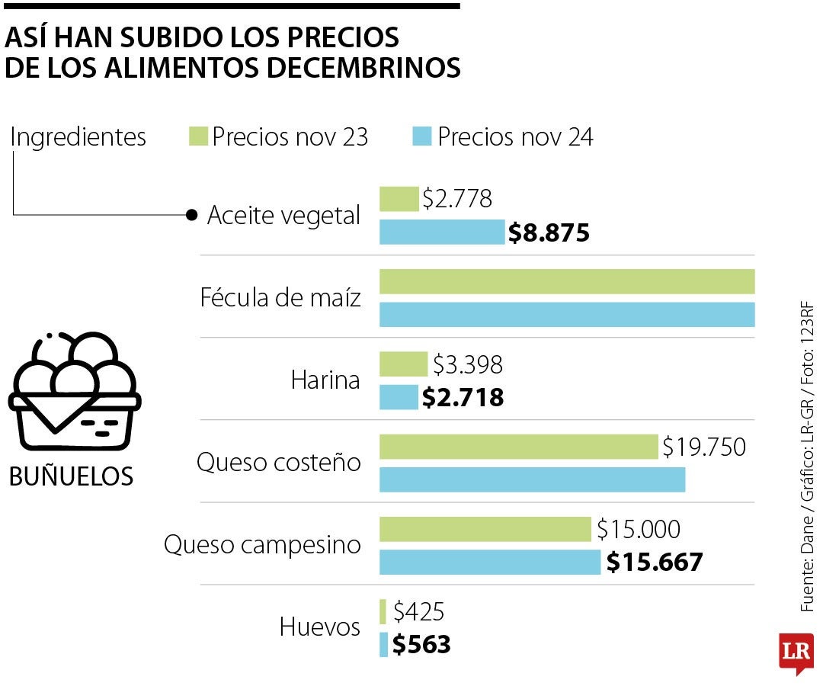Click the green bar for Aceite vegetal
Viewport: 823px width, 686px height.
point(399,199)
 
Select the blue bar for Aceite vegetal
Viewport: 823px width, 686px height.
point(442,232)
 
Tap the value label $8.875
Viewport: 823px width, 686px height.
point(549,232)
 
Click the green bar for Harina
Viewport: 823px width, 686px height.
point(403,364)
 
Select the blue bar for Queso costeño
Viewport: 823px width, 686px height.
point(532,479)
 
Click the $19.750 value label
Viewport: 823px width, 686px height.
point(703,447)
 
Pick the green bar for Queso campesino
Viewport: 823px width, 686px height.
point(485,529)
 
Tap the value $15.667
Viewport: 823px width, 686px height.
point(654,563)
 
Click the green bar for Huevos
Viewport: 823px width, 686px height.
point(383,611)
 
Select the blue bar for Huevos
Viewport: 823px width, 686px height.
point(383,645)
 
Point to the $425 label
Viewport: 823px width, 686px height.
point(418,611)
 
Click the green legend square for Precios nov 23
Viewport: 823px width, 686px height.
point(197,137)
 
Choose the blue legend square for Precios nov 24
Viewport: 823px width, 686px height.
point(422,137)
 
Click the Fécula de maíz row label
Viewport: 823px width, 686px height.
point(280,297)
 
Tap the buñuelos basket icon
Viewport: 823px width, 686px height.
point(74,390)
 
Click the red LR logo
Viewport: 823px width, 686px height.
point(796,652)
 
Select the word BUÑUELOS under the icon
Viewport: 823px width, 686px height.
point(71,476)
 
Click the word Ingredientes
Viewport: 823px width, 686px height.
point(78,137)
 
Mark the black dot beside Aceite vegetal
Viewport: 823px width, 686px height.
point(191,215)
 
